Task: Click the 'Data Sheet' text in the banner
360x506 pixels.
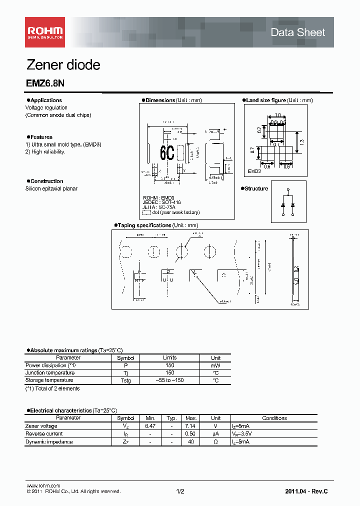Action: [297, 32]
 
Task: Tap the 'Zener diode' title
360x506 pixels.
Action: [63, 65]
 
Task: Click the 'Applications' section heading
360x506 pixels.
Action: [46, 100]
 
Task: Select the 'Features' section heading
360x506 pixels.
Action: [41, 137]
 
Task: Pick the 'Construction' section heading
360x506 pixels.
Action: [46, 181]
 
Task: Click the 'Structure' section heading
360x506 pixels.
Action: [256, 188]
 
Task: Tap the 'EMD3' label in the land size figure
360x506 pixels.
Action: [254, 171]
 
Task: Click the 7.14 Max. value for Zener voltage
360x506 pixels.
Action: [190, 426]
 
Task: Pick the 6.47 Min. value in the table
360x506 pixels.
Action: [150, 426]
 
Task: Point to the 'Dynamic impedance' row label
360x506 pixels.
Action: [49, 442]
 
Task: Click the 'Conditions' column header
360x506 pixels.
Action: [274, 418]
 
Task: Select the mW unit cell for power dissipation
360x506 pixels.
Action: [215, 365]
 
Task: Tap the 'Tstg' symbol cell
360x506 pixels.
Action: [125, 380]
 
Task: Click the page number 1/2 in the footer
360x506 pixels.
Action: [180, 491]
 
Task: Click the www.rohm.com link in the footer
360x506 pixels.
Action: [43, 486]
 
